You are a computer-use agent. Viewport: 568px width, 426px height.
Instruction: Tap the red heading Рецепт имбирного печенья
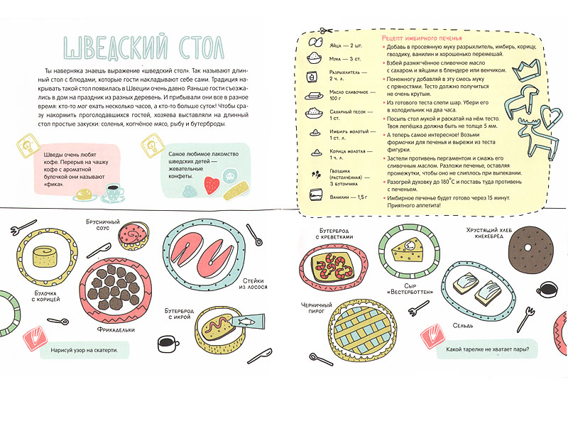[422, 38]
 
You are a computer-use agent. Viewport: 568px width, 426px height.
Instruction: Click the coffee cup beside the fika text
[111, 191]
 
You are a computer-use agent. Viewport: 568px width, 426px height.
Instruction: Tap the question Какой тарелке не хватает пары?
[491, 349]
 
